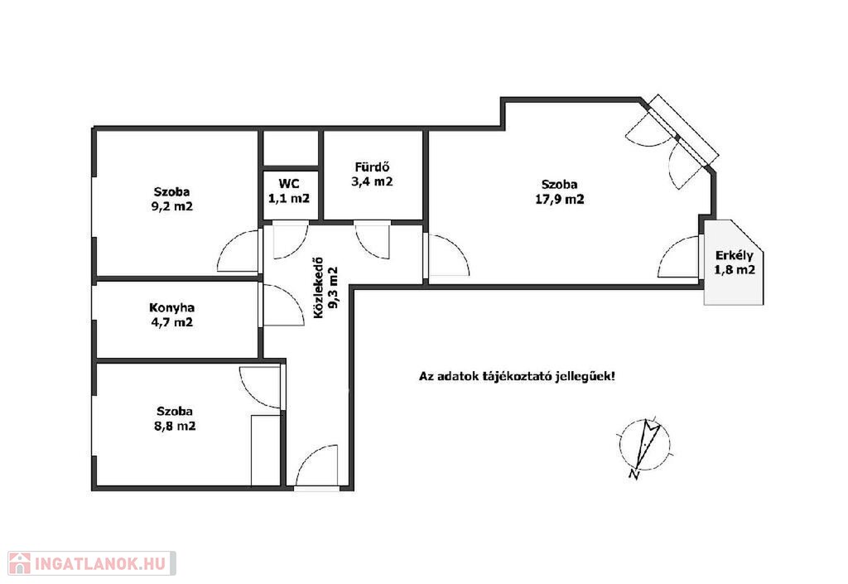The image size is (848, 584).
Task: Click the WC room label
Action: pos(289,183)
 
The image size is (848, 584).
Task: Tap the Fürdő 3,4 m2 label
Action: pos(372,174)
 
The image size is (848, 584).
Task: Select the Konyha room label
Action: pos(172,307)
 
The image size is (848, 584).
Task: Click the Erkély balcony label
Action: pos(734,256)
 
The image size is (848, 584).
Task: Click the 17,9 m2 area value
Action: pos(560,199)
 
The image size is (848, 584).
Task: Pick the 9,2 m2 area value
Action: pos(172,206)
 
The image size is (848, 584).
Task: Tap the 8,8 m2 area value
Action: pos(175,426)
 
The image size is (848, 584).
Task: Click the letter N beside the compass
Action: pos(634,475)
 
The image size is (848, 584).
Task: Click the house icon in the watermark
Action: pos(20,563)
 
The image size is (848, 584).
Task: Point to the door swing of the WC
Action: pos(291,240)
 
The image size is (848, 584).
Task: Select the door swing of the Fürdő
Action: pos(372,240)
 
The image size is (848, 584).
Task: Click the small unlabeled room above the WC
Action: pos(290,148)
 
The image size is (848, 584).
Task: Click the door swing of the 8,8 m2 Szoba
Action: pos(259,388)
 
